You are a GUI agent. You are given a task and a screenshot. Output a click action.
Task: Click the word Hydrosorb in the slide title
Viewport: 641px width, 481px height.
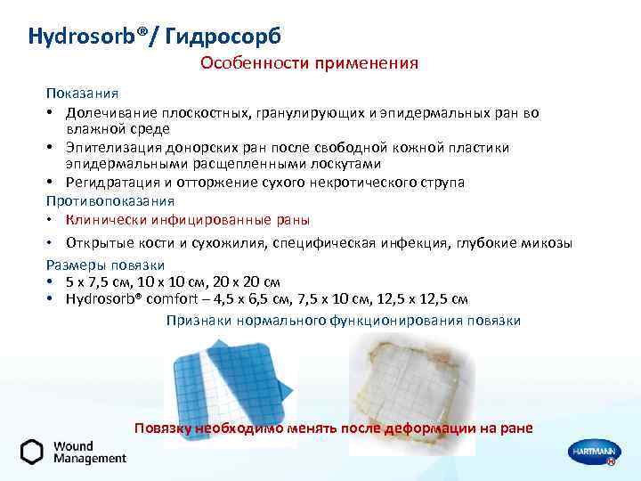pos(78,37)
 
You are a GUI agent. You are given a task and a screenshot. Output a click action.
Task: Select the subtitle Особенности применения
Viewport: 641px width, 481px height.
pos(309,63)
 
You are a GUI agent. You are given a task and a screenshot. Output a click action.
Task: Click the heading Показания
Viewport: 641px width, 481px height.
pos(83,94)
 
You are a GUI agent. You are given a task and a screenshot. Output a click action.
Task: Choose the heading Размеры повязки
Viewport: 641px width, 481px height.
pos(106,265)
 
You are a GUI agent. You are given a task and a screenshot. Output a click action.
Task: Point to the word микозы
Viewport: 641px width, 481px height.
pos(545,243)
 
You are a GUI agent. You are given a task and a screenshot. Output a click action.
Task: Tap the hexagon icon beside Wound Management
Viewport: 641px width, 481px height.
pos(32,452)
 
